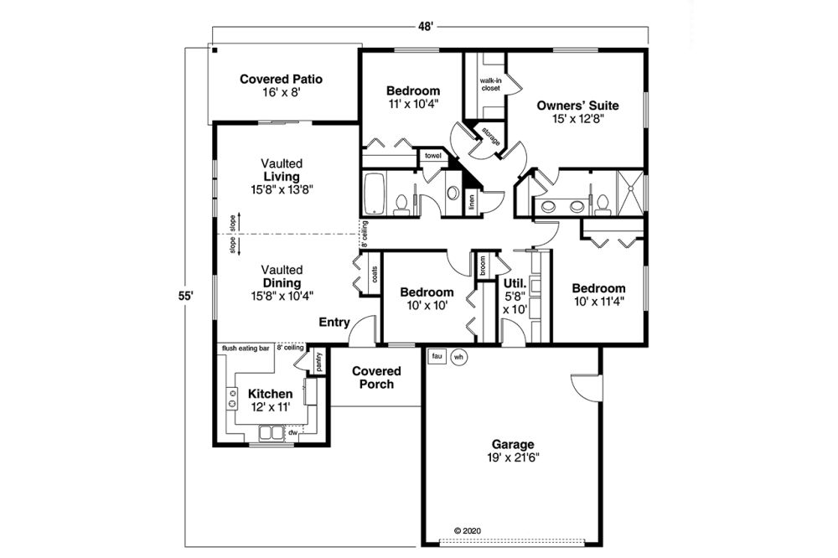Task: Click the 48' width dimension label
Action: point(425,28)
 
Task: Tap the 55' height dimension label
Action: point(185,296)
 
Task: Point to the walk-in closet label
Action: point(490,85)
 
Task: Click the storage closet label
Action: point(490,137)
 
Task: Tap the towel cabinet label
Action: point(433,156)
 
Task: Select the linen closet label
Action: point(471,201)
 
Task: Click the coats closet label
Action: point(374,275)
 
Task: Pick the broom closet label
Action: point(482,266)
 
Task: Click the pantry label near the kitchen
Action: point(318,363)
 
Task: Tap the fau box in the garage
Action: point(437,356)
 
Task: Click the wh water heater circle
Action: point(458,357)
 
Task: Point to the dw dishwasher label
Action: point(292,431)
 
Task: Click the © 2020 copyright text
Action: point(468,530)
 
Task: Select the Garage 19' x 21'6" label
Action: point(513,451)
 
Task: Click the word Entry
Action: point(334,323)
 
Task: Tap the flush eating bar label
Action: point(246,349)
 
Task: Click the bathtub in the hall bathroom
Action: point(374,194)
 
